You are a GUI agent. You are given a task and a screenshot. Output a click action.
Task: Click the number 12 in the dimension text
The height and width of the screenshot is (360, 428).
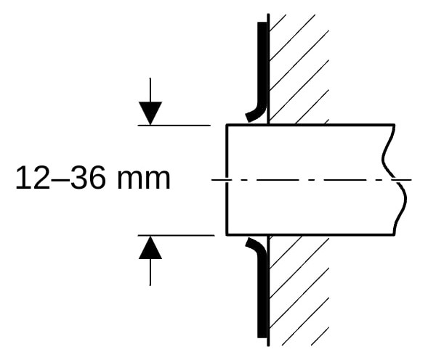coord(33,178)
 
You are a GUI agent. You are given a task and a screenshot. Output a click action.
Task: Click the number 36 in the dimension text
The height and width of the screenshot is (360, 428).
coord(88,178)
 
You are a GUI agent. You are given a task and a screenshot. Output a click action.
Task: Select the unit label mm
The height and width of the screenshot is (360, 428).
coord(144,180)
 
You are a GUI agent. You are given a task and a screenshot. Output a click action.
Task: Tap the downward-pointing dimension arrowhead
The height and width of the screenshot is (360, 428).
coord(150,113)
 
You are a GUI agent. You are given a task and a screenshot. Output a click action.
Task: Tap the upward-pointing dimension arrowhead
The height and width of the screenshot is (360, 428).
coord(150,247)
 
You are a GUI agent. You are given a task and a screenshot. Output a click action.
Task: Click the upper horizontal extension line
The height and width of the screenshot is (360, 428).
coord(174,125)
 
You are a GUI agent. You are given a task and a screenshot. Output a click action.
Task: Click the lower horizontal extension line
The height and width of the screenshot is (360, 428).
coord(176,235)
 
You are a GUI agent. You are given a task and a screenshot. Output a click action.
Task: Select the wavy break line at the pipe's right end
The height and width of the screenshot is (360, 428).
coord(395,180)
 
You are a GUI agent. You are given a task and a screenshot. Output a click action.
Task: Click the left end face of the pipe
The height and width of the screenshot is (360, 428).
coord(226,180)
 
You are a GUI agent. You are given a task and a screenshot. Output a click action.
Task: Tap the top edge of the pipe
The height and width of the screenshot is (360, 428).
coord(310,125)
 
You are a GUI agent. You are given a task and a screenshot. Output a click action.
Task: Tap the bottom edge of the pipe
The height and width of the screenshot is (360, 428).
coord(310,234)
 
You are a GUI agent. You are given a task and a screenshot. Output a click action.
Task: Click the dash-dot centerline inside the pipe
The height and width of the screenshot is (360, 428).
coord(312,180)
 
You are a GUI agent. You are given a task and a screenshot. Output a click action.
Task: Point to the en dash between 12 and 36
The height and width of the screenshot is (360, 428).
coord(60,181)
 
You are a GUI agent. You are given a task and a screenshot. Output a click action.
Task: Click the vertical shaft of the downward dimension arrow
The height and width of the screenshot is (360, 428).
coord(150,90)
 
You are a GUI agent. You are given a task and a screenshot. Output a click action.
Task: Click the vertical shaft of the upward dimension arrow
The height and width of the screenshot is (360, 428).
coord(150,272)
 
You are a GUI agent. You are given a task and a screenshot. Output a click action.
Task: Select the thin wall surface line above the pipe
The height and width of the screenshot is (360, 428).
coord(268,69)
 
